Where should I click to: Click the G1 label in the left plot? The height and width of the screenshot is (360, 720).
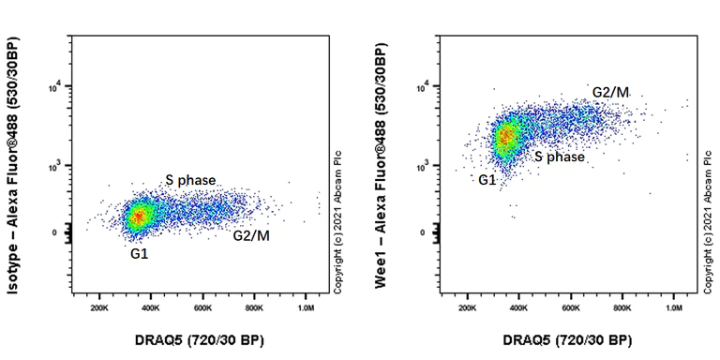tap(139, 253)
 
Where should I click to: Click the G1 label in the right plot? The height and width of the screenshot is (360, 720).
tap(487, 179)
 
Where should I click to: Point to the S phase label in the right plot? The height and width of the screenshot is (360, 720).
tap(560, 157)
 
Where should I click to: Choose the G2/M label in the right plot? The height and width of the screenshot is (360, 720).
tap(610, 91)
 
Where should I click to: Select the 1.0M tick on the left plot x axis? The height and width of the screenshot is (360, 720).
tap(305, 307)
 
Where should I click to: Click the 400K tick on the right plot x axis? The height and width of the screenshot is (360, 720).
tap(518, 307)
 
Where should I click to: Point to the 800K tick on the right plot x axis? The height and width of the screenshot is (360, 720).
tap(622, 307)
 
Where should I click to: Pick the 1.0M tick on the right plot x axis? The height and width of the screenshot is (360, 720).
tap(673, 307)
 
